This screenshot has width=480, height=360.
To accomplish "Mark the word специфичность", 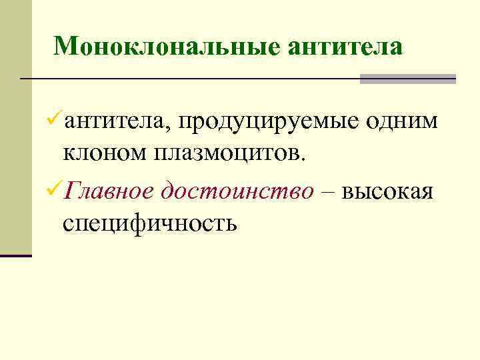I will pos(150,223).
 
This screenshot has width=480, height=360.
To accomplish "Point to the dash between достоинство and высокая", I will pos(329,192).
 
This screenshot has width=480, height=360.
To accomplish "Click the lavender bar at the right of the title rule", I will pos(407,79).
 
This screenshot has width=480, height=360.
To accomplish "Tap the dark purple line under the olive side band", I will pos(16,255).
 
